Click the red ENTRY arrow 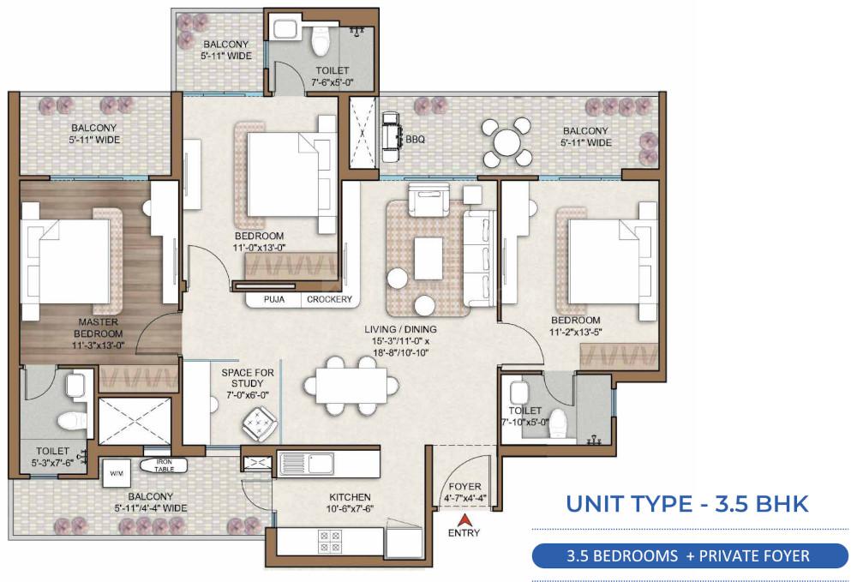click(x=464, y=519)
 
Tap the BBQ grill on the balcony click(x=393, y=137)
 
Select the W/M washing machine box click(x=116, y=472)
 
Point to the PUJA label click(x=274, y=300)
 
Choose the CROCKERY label click(x=329, y=300)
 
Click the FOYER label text click(x=464, y=486)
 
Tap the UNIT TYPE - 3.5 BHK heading click(x=686, y=503)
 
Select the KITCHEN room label click(x=350, y=497)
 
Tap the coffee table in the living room click(x=428, y=258)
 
